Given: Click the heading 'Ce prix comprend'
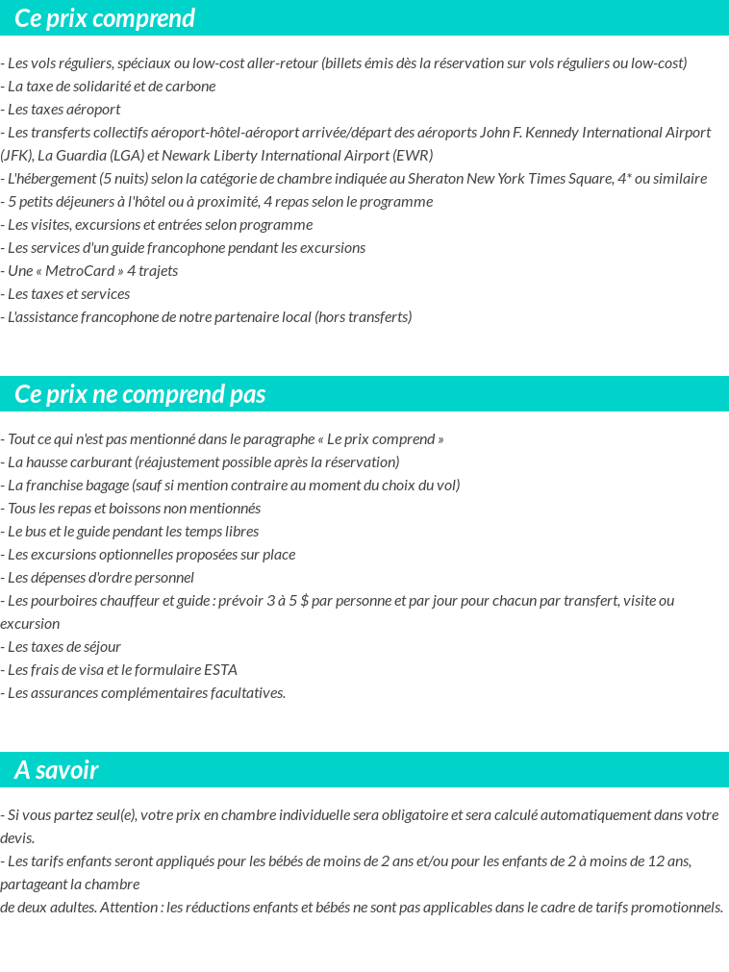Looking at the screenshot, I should pyautogui.click(x=105, y=18).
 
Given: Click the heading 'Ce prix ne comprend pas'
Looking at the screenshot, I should pyautogui.click(x=140, y=394).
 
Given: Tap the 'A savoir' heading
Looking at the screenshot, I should pyautogui.click(x=57, y=770).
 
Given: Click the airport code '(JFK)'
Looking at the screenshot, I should pyautogui.click(x=16, y=155).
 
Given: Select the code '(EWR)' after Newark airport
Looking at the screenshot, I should pyautogui.click(x=414, y=155).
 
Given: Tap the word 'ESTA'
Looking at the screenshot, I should pyautogui.click(x=220, y=669).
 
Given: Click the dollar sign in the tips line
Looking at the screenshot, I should pyautogui.click(x=304, y=600).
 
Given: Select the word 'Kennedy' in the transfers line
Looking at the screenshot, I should pyautogui.click(x=545, y=132).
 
